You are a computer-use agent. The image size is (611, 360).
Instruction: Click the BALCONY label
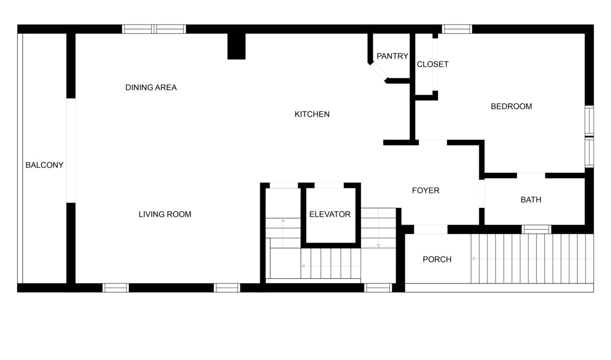(x=44, y=165)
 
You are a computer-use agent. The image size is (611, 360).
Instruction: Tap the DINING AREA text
(x=151, y=87)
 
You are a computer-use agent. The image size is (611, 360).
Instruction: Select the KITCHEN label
(x=312, y=114)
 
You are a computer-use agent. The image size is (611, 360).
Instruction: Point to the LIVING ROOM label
(x=165, y=214)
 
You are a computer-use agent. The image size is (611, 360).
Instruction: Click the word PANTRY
(x=392, y=56)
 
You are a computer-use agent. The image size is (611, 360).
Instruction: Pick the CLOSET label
(x=433, y=64)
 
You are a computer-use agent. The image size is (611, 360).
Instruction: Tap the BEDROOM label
(x=511, y=106)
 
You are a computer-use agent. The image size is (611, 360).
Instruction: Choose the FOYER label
(x=426, y=190)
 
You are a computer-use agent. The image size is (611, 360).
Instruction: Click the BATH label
(x=531, y=200)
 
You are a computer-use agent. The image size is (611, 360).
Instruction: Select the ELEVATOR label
(x=330, y=214)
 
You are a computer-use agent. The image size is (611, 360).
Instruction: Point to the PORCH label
(x=437, y=259)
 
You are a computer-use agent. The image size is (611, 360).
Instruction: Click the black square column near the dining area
(x=236, y=46)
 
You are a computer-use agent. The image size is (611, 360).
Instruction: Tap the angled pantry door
(x=378, y=72)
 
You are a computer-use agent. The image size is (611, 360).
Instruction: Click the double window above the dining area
(x=154, y=29)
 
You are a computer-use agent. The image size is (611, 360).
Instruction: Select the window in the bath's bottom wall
(x=536, y=229)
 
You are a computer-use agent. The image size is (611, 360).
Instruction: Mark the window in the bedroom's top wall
(x=457, y=29)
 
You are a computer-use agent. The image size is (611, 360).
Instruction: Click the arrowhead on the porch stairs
(x=474, y=259)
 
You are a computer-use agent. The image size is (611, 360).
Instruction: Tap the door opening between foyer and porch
(x=431, y=229)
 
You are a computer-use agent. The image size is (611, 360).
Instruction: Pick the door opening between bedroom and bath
(x=531, y=175)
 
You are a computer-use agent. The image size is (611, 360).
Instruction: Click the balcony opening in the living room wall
(x=71, y=150)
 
